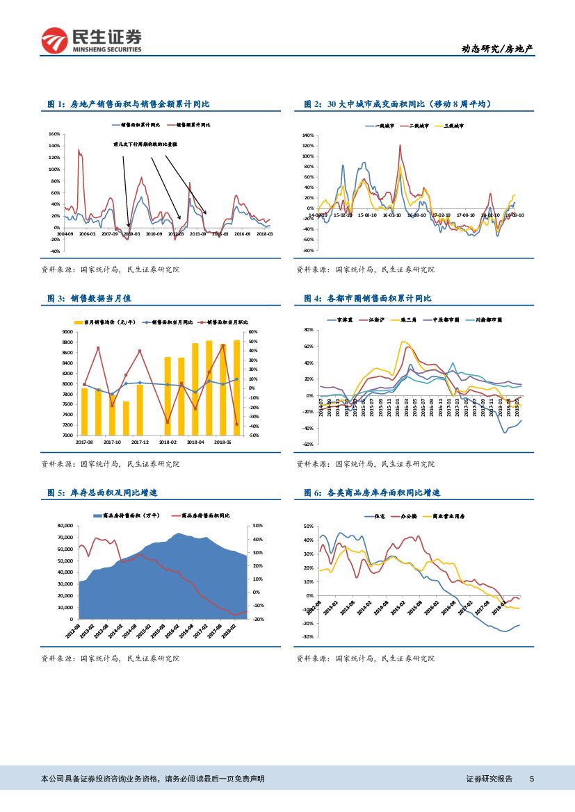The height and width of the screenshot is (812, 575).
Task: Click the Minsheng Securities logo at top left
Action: [92, 41]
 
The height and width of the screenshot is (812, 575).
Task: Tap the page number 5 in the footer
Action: [532, 779]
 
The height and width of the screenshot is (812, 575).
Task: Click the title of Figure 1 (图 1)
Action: [129, 104]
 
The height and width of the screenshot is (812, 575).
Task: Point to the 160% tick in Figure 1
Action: [54, 133]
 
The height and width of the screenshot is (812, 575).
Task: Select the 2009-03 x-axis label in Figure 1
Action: [131, 235]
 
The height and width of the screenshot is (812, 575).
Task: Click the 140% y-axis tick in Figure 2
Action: [307, 135]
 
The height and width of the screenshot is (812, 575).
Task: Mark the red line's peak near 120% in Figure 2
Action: [400, 145]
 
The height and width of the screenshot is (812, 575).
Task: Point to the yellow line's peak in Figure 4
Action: [403, 341]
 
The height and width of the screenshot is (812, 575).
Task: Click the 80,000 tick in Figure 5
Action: [63, 526]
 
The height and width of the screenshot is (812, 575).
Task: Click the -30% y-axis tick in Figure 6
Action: [307, 636]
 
